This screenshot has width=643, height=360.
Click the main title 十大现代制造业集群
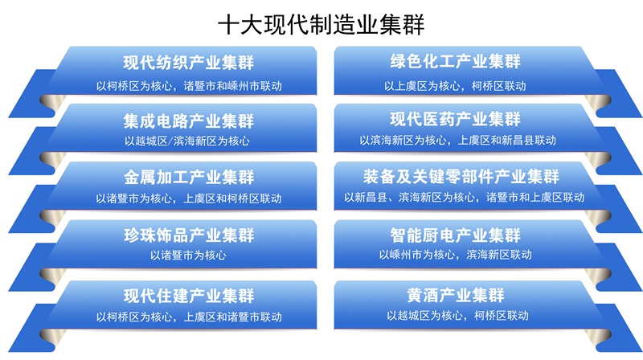(321, 24)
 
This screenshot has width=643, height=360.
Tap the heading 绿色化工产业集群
(455, 62)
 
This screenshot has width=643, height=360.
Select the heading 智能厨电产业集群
(455, 235)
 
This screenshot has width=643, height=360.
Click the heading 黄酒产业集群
(455, 294)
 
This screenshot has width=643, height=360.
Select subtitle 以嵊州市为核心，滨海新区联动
(455, 255)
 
